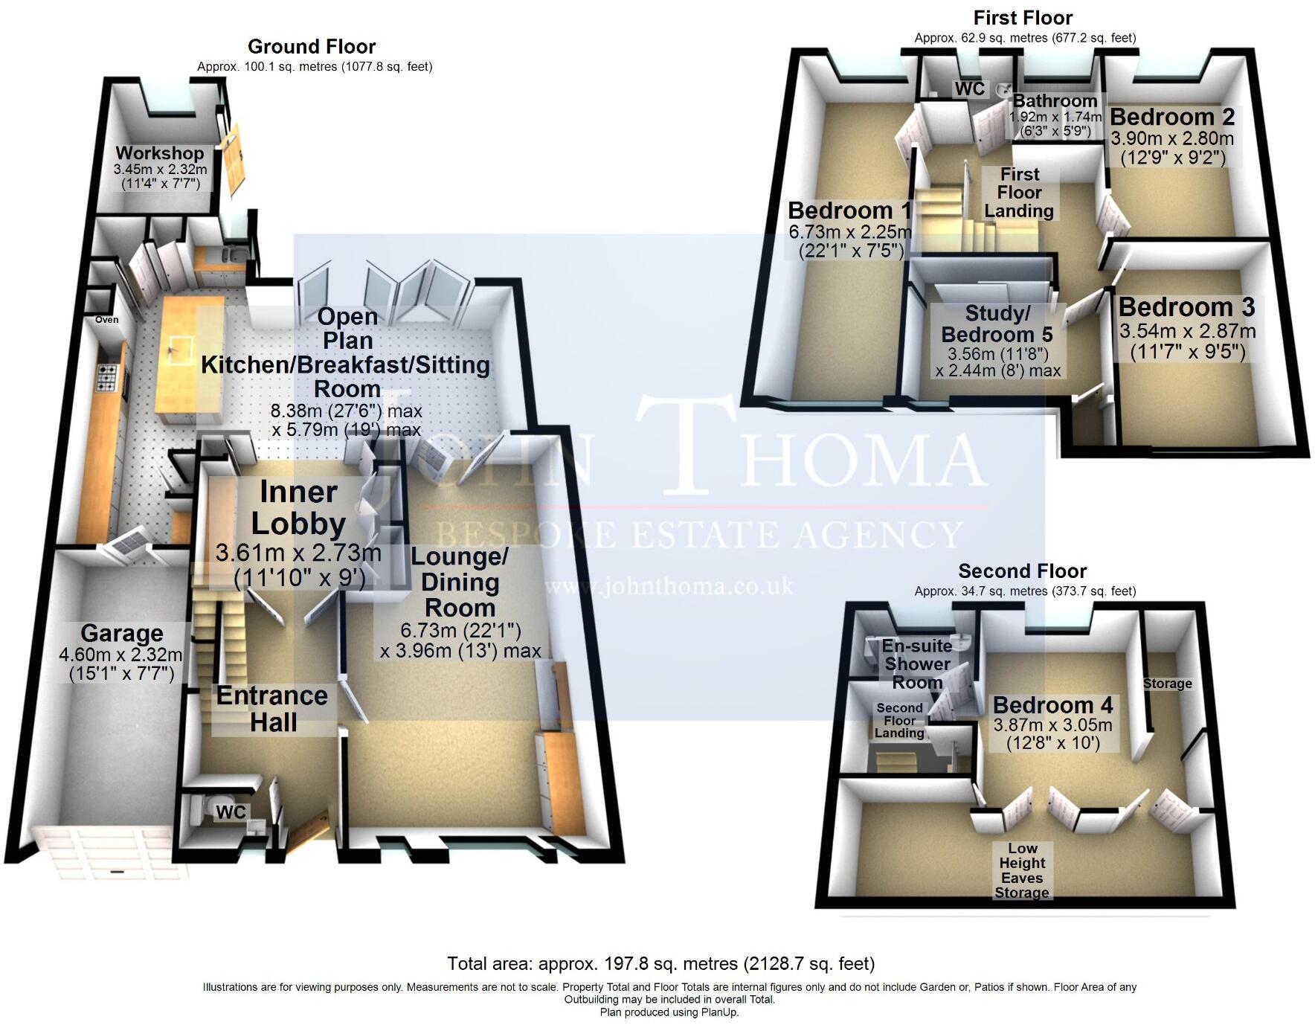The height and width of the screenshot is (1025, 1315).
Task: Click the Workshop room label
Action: [159, 153]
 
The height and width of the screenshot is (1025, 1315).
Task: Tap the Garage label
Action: [121, 633]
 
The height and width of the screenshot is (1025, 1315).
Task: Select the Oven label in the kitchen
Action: [106, 320]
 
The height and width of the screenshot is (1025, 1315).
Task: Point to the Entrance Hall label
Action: [272, 708]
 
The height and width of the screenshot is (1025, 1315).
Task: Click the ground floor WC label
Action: [231, 812]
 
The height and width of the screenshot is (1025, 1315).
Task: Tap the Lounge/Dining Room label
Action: [460, 582]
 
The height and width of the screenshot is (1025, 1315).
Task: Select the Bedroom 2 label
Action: [1171, 117]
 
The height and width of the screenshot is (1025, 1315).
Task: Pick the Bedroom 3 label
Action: [1186, 307]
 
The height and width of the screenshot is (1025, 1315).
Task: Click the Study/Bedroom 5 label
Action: [997, 324]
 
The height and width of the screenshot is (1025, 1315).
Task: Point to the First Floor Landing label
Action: [1019, 193]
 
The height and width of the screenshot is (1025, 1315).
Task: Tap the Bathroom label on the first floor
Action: [1055, 101]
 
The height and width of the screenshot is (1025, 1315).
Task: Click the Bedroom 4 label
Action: [1052, 704]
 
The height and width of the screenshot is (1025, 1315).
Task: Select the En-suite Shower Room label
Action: [917, 663]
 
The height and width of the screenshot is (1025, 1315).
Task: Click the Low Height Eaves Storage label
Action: [1022, 870]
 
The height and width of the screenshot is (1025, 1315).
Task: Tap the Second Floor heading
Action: [1022, 571]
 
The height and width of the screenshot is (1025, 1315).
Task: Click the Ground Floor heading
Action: [312, 47]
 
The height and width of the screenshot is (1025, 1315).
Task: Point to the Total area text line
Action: [660, 964]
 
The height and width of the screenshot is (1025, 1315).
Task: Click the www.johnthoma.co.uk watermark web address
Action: [669, 587]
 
